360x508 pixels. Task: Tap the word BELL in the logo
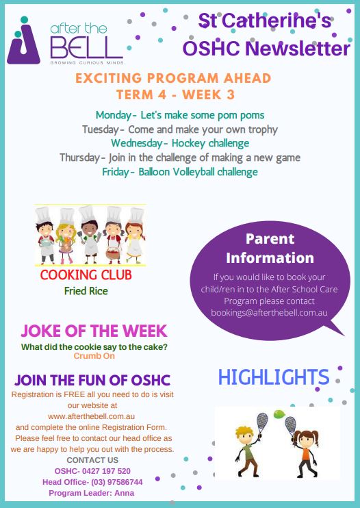click(x=86, y=47)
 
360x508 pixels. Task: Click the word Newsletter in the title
click(x=298, y=49)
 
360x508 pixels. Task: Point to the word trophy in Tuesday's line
click(x=263, y=129)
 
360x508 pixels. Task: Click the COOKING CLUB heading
click(x=86, y=275)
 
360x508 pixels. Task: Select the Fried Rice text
click(x=86, y=291)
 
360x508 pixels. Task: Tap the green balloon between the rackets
click(x=279, y=414)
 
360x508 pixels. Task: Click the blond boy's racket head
click(x=262, y=422)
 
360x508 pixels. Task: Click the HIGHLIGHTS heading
click(x=274, y=377)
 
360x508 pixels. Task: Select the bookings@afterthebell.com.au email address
click(x=269, y=313)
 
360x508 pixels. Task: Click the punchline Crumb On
click(x=94, y=356)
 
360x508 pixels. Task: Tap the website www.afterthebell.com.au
click(x=91, y=416)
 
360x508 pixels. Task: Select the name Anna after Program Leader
click(x=125, y=493)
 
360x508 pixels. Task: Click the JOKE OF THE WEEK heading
click(x=94, y=331)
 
